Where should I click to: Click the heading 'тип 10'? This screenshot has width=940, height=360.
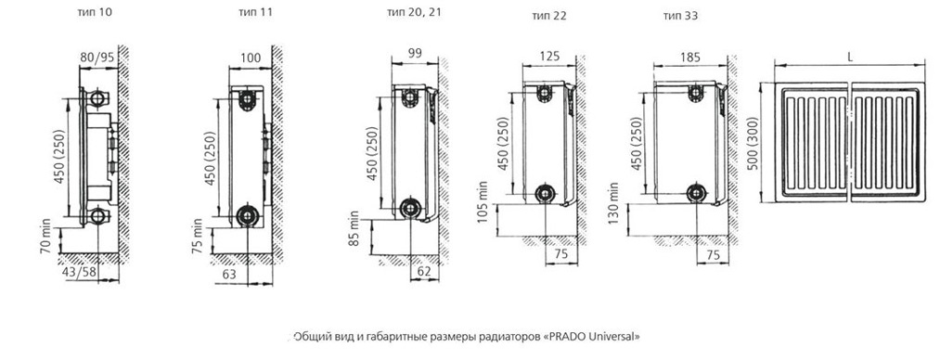click(95, 12)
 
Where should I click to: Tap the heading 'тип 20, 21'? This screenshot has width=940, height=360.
click(414, 13)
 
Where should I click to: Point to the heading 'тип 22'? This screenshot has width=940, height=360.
click(549, 16)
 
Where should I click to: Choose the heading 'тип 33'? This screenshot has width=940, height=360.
click(680, 16)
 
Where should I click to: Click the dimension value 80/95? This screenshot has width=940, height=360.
click(97, 58)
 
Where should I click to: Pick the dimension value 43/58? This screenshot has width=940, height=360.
click(79, 273)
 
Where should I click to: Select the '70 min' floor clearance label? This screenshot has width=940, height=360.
click(45, 239)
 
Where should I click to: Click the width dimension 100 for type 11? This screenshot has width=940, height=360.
click(251, 58)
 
